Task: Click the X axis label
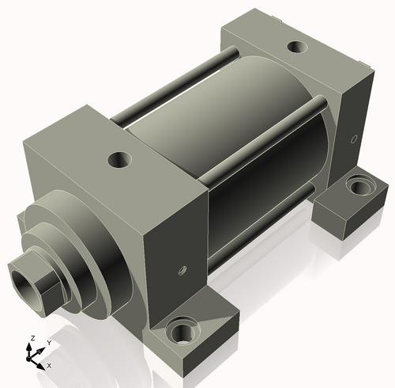49,366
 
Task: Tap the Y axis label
49,343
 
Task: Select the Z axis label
33,338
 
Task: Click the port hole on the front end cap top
120,159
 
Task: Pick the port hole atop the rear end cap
297,47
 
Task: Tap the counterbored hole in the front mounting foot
182,331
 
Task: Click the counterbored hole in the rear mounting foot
361,186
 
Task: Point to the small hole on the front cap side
182,271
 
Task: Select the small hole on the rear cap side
354,139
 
